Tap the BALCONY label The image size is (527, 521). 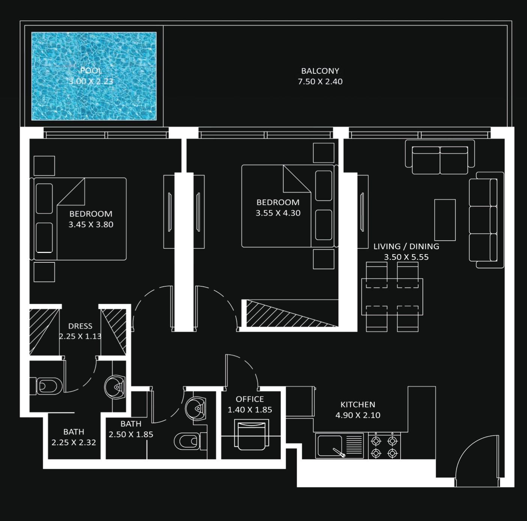coord(320,71)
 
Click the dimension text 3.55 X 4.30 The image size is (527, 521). coord(278,213)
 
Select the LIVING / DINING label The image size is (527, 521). coord(406,246)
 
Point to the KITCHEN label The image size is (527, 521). coord(358,404)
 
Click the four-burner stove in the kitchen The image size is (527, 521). coord(384,446)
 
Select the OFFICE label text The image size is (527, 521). coord(250,399)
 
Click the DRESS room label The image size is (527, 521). coord(80,326)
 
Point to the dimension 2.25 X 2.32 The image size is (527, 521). coord(74,442)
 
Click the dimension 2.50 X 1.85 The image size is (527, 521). coord(131,434)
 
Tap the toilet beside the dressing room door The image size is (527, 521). coord(48,386)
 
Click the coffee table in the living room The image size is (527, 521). coord(445,220)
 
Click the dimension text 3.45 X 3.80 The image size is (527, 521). coord(91,225)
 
